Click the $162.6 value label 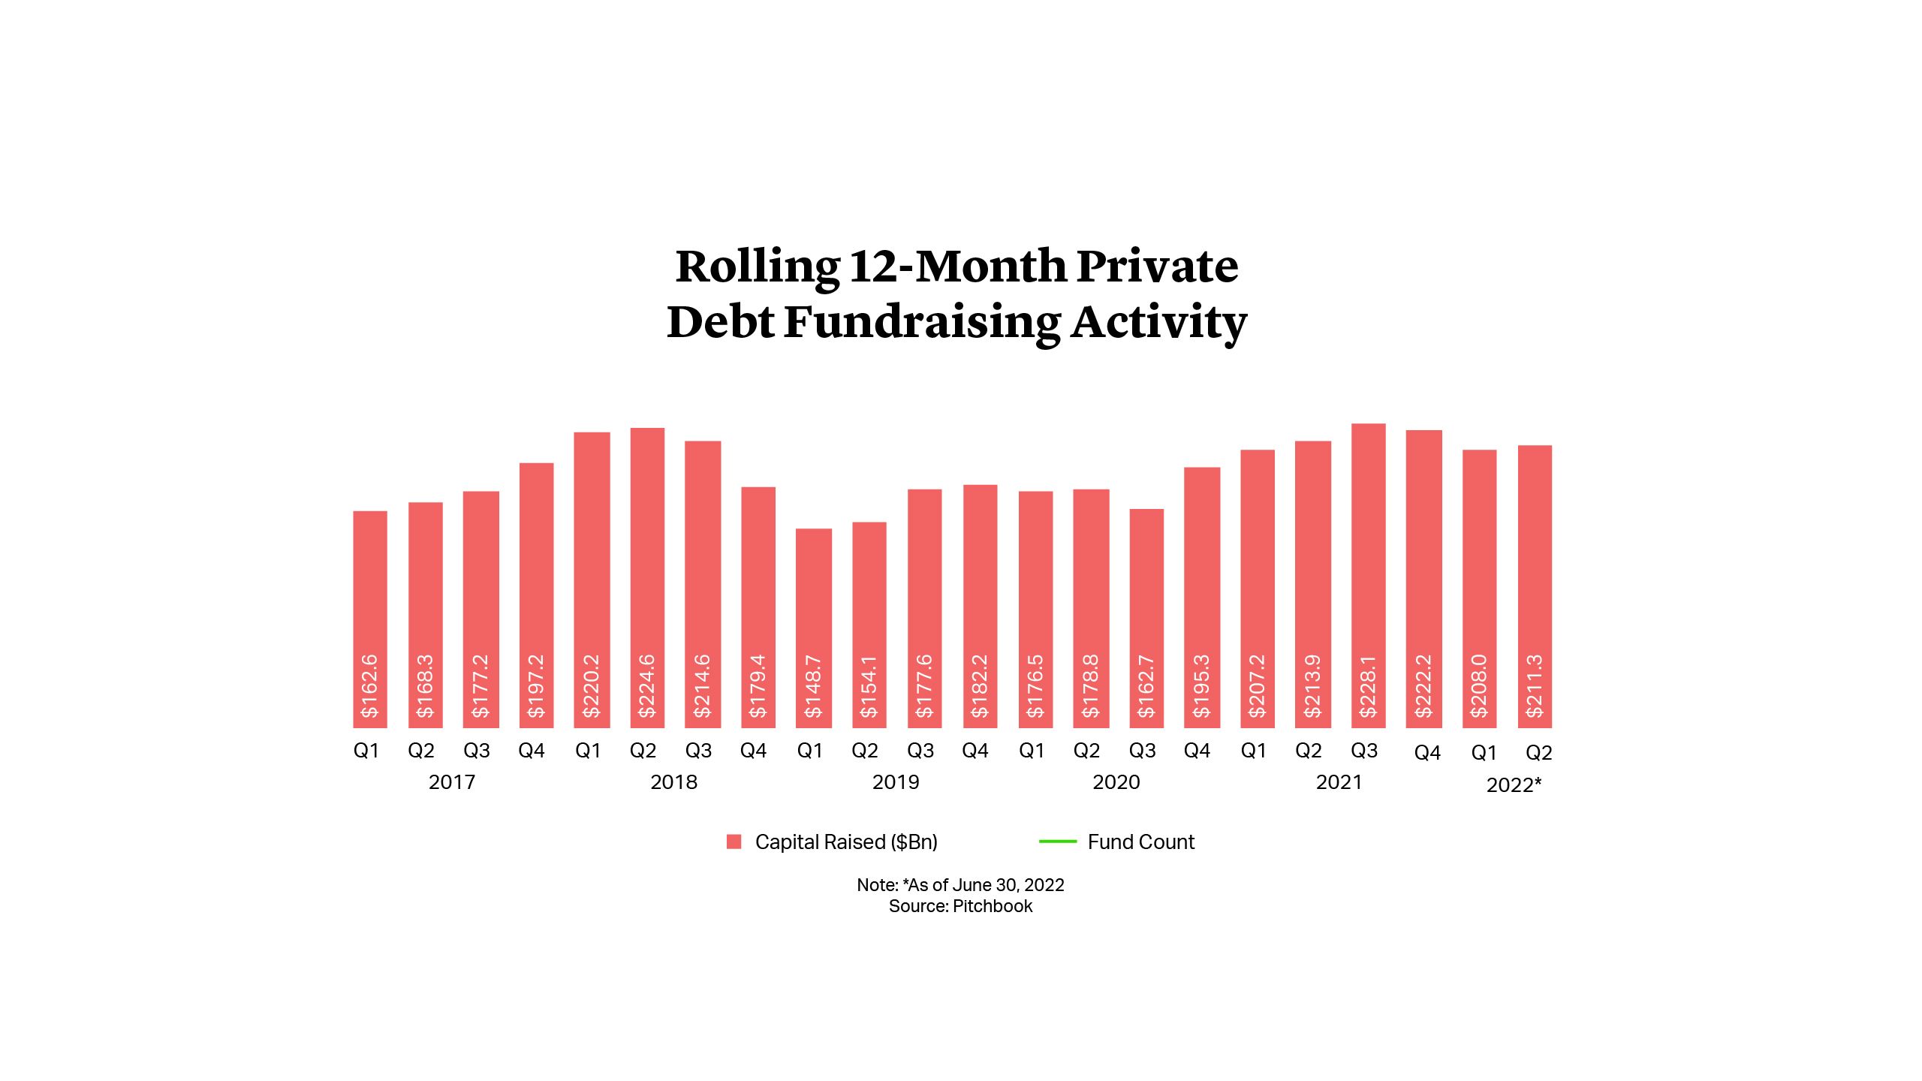click(369, 685)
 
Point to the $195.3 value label click(1201, 685)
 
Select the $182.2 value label click(980, 685)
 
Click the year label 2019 click(895, 782)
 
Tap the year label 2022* click(1514, 785)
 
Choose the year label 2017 click(451, 782)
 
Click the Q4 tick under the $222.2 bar click(1426, 753)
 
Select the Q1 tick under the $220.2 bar click(588, 751)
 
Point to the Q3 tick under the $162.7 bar click(1142, 751)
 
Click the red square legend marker click(734, 842)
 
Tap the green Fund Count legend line click(1057, 842)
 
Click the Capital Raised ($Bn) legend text click(846, 842)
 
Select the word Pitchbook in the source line click(992, 906)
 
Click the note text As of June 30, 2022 click(985, 885)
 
